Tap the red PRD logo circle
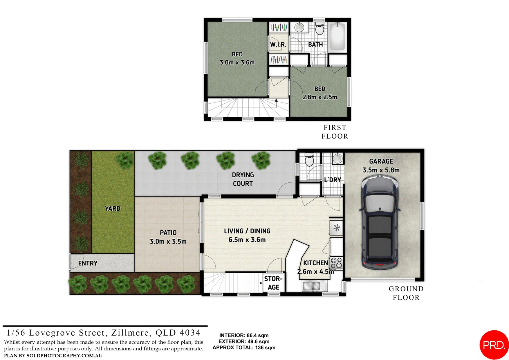tap(494, 345)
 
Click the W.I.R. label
tap(278, 45)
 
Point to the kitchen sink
tap(315, 286)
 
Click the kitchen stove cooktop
tap(337, 262)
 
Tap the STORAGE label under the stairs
tap(273, 283)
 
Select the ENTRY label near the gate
tap(88, 263)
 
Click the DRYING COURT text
tap(243, 179)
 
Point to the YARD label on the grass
tap(113, 208)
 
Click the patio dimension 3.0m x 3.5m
tap(168, 242)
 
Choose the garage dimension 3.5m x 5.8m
tap(381, 170)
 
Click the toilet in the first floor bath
tap(320, 29)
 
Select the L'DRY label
tap(333, 180)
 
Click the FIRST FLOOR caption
tap(335, 132)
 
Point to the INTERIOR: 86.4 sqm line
tap(244, 335)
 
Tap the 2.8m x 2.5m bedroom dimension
tap(320, 97)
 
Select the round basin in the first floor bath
tap(299, 28)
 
